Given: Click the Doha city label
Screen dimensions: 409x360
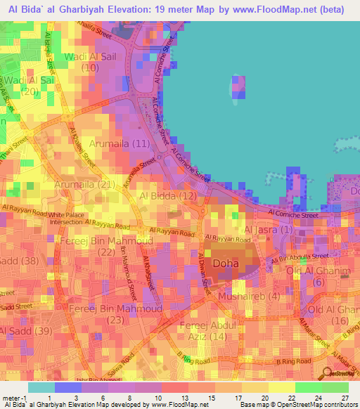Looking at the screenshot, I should [226, 264].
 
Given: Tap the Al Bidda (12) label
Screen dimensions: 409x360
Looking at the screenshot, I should [168, 195].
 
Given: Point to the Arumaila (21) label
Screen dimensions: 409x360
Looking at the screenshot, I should [86, 184].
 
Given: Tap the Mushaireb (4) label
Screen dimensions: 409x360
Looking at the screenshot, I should [249, 297].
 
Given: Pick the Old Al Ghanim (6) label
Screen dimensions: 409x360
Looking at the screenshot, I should [317, 276].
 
